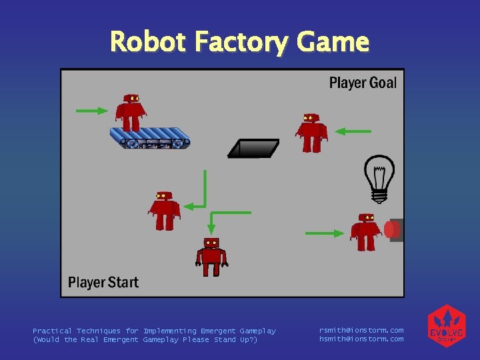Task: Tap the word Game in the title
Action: [333, 42]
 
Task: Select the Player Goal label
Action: [363, 83]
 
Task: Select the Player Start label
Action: [103, 282]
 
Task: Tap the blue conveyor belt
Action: [151, 138]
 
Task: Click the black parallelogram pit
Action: [253, 148]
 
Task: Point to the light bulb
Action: [379, 178]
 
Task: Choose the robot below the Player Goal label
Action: [311, 133]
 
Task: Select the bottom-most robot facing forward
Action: [211, 256]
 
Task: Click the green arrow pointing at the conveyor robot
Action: [92, 111]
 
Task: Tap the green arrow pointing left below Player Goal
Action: [353, 131]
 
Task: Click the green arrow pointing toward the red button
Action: [323, 233]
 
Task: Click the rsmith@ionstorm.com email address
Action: [361, 330]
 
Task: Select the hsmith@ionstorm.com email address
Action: [361, 339]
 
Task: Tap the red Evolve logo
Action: [445, 326]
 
